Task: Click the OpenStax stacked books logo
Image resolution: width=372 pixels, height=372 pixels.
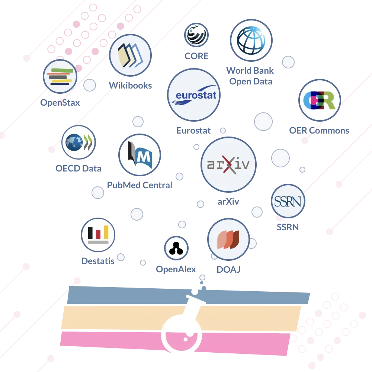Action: coord(60,76)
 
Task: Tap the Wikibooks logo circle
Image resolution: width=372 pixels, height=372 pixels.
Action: coord(130,55)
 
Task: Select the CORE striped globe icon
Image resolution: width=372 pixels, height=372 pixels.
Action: coord(196,35)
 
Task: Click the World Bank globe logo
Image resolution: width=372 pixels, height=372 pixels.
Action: coord(251,40)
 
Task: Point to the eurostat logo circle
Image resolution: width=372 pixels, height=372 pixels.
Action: coord(193,95)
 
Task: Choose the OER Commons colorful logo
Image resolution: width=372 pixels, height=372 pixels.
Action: coord(320,100)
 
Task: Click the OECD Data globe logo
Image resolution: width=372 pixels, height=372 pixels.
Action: coord(78,142)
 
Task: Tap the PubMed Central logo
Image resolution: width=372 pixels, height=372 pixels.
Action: coord(139,155)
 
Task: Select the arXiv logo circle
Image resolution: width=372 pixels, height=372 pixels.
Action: coord(228,164)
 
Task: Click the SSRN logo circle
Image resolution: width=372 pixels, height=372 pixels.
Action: coord(288,201)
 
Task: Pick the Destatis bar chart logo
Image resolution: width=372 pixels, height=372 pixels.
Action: coord(98,235)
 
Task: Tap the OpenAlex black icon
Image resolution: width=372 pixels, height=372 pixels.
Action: coord(176,248)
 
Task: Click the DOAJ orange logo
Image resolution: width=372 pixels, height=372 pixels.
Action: coord(228,239)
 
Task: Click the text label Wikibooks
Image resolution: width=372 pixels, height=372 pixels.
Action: coord(130,86)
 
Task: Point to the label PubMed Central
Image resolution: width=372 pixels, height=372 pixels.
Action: coord(139,185)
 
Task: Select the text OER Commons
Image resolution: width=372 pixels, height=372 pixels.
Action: coord(319,131)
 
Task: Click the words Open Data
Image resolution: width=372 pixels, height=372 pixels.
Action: coord(251,81)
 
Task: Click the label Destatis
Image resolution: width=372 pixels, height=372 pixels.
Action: coord(98,261)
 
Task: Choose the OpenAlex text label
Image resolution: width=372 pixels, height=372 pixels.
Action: coord(176,269)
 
